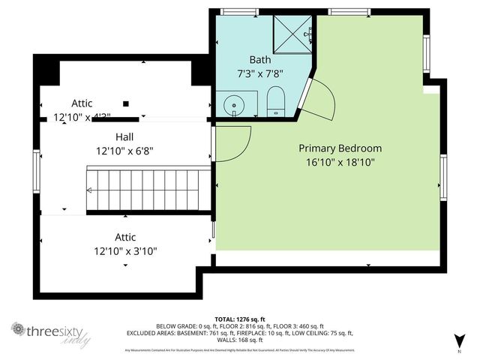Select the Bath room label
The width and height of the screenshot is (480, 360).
point(259,59)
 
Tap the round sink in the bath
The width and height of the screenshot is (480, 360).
point(233,103)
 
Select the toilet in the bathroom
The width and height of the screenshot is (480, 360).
point(274,101)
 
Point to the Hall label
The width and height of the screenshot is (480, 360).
point(125,137)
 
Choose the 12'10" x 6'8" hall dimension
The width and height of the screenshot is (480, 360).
point(125,151)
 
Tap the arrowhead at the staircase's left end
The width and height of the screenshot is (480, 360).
point(90,191)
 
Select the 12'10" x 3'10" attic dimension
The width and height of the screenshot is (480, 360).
point(125,251)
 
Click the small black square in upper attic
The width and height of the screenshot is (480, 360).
point(126,103)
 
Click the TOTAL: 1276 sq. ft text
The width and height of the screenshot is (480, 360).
point(239,319)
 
